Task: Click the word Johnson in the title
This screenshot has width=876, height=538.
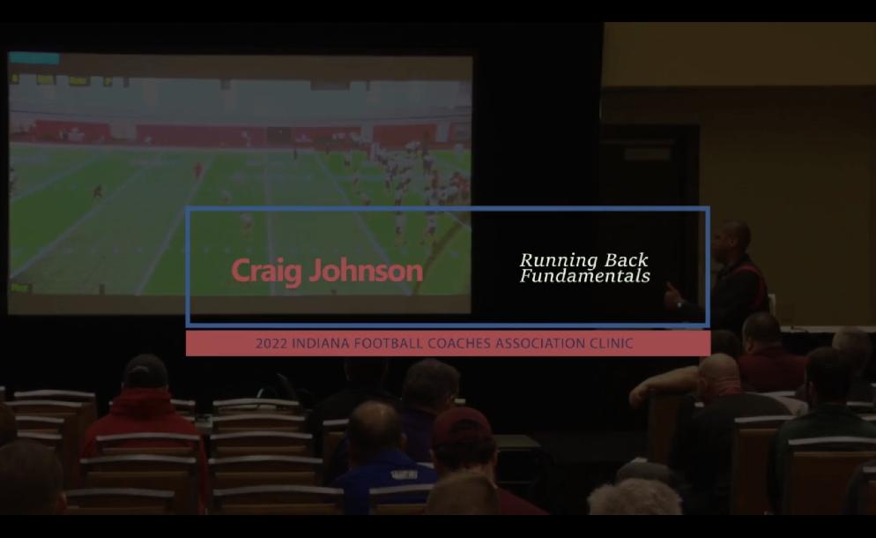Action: coord(367,270)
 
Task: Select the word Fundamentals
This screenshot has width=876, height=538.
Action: coord(585,276)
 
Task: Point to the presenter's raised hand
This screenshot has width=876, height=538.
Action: coord(672,295)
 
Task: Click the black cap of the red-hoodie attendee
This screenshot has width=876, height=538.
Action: coord(145,370)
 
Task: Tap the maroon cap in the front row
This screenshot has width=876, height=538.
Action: coord(462,429)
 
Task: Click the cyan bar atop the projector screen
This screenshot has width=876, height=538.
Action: coord(34,58)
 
